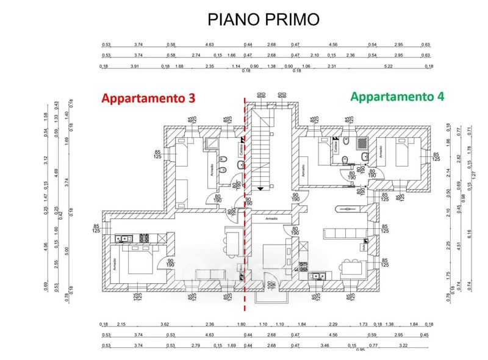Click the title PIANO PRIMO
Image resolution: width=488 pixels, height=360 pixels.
click(x=264, y=20)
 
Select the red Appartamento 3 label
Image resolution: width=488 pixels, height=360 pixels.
click(x=148, y=98)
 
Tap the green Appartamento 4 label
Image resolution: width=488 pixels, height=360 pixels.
click(x=397, y=96)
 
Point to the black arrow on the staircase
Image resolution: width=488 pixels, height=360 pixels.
click(x=261, y=189)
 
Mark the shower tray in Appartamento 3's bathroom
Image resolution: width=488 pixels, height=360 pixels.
click(x=212, y=145)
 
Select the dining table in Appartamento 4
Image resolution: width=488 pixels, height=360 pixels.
click(x=349, y=267)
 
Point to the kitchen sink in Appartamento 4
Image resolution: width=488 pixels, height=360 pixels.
click(x=316, y=276)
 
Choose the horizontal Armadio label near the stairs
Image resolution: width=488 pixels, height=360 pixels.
click(x=270, y=218)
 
